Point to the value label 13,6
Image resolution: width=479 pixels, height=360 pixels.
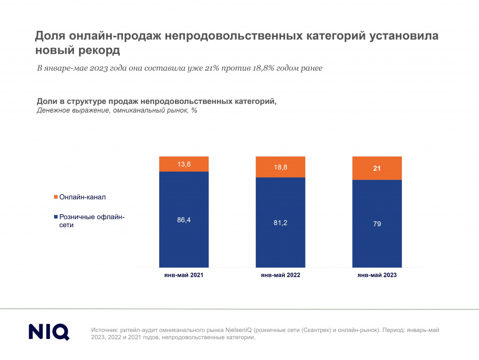click(x=184, y=164)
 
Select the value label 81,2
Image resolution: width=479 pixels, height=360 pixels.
click(x=280, y=223)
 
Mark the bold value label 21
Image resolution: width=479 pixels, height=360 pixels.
click(x=377, y=168)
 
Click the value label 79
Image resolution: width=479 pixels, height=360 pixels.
click(x=377, y=223)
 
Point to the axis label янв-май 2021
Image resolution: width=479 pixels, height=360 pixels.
click(x=184, y=275)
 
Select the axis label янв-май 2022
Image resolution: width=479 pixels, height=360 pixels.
click(x=280, y=275)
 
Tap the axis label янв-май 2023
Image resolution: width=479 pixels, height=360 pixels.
click(x=377, y=275)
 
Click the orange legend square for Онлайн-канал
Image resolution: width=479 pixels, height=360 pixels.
click(x=56, y=197)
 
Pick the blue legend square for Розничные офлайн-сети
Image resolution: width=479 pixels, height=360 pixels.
click(x=56, y=217)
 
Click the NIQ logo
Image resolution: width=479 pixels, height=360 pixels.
click(x=49, y=331)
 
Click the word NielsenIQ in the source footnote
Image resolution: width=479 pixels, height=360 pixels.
click(x=242, y=330)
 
